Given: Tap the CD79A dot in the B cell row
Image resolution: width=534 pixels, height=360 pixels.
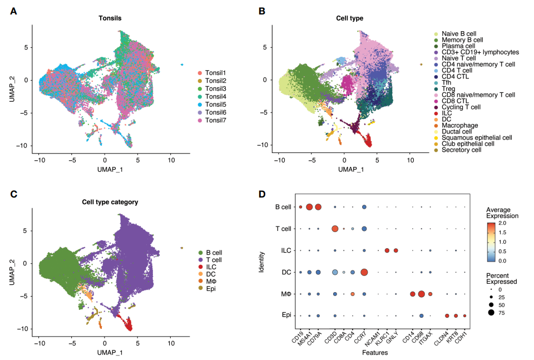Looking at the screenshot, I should (318, 207).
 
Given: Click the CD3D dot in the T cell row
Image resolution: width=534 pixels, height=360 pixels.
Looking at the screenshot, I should (335, 229).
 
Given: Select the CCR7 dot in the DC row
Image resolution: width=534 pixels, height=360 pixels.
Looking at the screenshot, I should (364, 272).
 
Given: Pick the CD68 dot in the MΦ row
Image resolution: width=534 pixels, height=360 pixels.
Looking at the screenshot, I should (421, 294).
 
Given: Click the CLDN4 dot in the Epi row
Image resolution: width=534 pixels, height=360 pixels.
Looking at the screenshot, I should (447, 315).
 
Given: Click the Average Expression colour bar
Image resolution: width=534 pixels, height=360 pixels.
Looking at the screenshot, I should (491, 241).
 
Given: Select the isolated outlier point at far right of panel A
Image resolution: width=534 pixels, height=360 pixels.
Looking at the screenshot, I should (181, 65).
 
